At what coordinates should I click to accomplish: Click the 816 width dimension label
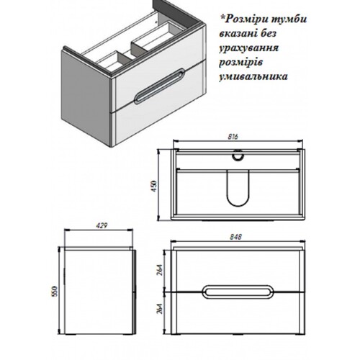point(233,137)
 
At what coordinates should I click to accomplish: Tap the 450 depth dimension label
point(154,186)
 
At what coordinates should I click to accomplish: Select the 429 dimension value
point(102,225)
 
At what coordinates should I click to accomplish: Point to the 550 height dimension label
point(55,292)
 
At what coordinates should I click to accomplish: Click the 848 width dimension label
point(235,237)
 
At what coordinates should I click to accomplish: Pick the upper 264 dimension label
point(160,271)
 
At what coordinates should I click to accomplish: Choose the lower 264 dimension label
point(160,309)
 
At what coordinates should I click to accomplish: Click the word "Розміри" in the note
point(247,19)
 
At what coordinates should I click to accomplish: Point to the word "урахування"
point(248,48)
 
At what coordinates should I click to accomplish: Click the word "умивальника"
point(253,76)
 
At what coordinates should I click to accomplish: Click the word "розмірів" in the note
point(240,63)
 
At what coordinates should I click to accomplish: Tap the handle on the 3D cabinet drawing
point(159,86)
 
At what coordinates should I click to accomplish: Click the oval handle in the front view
point(238,292)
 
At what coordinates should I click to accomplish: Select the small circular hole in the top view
point(238,156)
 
